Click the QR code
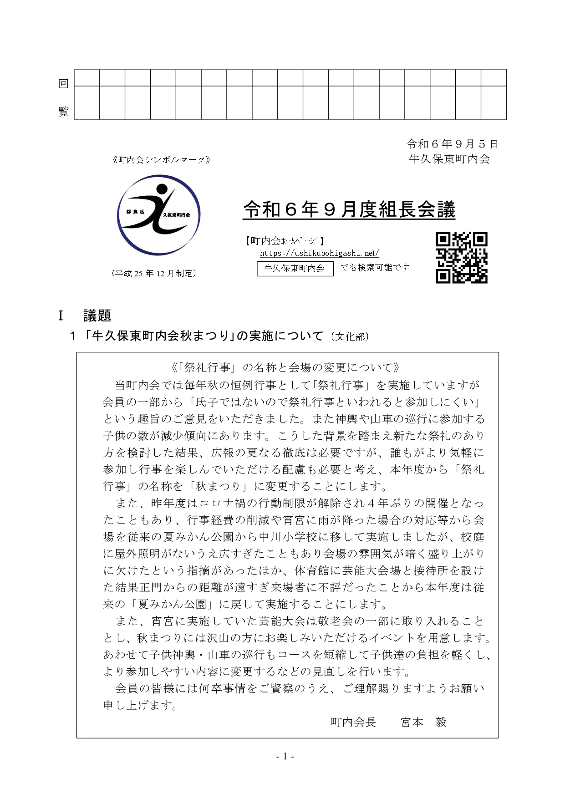(462, 258)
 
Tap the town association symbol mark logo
(158, 215)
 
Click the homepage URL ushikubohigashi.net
(319, 253)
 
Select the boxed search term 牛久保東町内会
(295, 268)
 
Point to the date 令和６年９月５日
(452, 144)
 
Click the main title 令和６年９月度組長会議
(349, 210)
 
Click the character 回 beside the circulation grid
(63, 84)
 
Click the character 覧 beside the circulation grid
(63, 112)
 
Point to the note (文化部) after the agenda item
(350, 337)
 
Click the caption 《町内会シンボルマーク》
(161, 160)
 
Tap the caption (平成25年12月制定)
(154, 273)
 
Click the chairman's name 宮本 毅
(423, 722)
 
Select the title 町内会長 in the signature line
(353, 722)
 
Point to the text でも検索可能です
(375, 268)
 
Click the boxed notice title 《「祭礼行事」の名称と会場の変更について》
(286, 367)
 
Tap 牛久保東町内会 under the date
(449, 159)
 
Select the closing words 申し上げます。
(140, 705)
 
